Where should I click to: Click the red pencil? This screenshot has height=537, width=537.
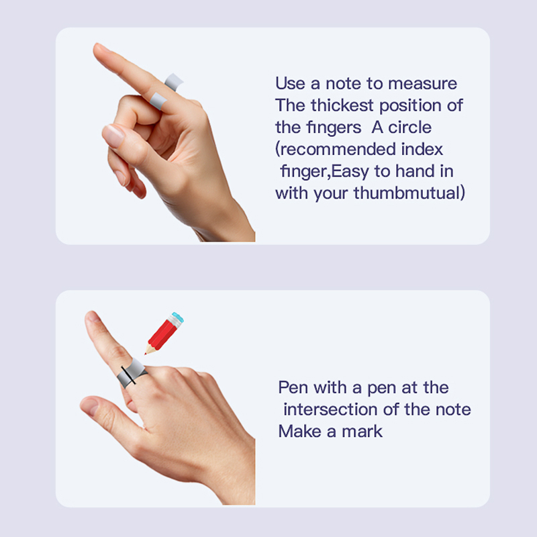[164, 333]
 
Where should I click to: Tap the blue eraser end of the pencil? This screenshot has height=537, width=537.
[179, 318]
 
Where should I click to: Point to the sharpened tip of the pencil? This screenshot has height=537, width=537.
[146, 354]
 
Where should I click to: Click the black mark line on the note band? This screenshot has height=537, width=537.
[128, 375]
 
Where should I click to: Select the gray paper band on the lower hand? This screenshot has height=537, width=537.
[132, 373]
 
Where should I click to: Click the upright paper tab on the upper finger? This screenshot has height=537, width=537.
[174, 82]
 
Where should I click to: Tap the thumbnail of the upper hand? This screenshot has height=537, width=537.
[113, 136]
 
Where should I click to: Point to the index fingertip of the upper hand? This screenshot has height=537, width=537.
[97, 48]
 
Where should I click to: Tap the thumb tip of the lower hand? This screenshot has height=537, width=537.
[86, 404]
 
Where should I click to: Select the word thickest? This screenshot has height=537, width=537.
[342, 105]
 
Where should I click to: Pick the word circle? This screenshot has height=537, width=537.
[409, 128]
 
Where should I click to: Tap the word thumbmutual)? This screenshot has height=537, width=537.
[409, 193]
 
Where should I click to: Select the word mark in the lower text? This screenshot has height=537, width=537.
[362, 432]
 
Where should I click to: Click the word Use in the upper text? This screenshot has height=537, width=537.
[291, 83]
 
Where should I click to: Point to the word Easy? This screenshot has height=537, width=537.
[350, 172]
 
